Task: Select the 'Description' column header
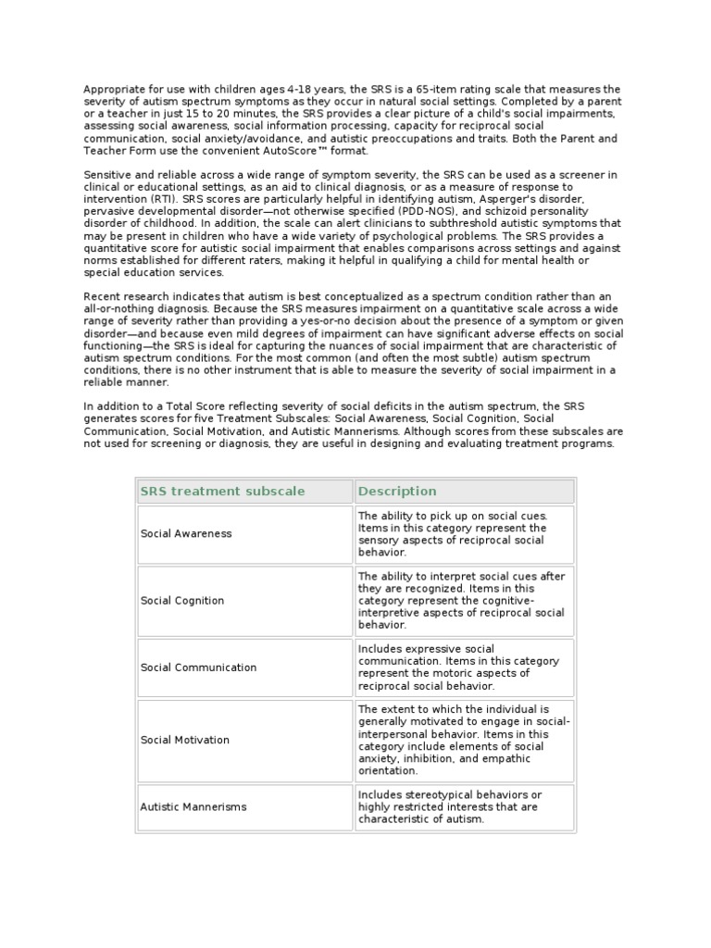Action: (397, 491)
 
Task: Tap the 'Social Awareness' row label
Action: (186, 533)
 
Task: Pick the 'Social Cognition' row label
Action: (182, 600)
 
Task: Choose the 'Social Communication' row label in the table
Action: (198, 667)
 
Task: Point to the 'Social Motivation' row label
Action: (185, 740)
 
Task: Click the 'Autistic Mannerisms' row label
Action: (193, 806)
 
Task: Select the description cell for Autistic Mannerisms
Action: (463, 806)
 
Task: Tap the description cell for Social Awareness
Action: (463, 533)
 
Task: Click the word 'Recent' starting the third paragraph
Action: (103, 295)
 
